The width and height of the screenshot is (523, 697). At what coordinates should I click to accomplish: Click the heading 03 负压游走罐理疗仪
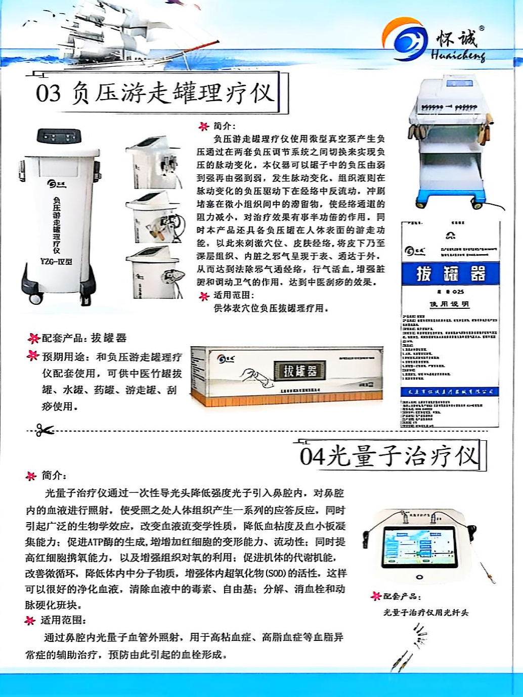click(155, 93)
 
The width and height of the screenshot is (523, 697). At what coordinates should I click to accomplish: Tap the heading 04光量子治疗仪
click(389, 456)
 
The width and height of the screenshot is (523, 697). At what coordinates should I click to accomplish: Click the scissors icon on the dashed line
click(45, 431)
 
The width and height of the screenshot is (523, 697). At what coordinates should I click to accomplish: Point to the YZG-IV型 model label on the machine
click(56, 261)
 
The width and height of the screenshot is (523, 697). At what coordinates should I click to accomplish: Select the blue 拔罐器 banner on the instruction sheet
click(450, 273)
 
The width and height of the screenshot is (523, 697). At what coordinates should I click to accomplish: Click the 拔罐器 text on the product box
click(300, 370)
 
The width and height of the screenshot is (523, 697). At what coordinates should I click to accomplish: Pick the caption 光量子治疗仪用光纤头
click(426, 613)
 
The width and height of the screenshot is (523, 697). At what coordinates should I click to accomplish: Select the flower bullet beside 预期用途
click(33, 356)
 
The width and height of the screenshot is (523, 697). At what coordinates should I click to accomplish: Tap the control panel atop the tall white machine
click(60, 137)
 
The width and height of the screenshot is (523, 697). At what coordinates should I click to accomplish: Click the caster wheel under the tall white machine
click(36, 298)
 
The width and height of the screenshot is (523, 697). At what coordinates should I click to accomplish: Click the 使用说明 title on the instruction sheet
click(449, 304)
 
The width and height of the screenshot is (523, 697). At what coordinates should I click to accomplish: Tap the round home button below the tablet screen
click(419, 577)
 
